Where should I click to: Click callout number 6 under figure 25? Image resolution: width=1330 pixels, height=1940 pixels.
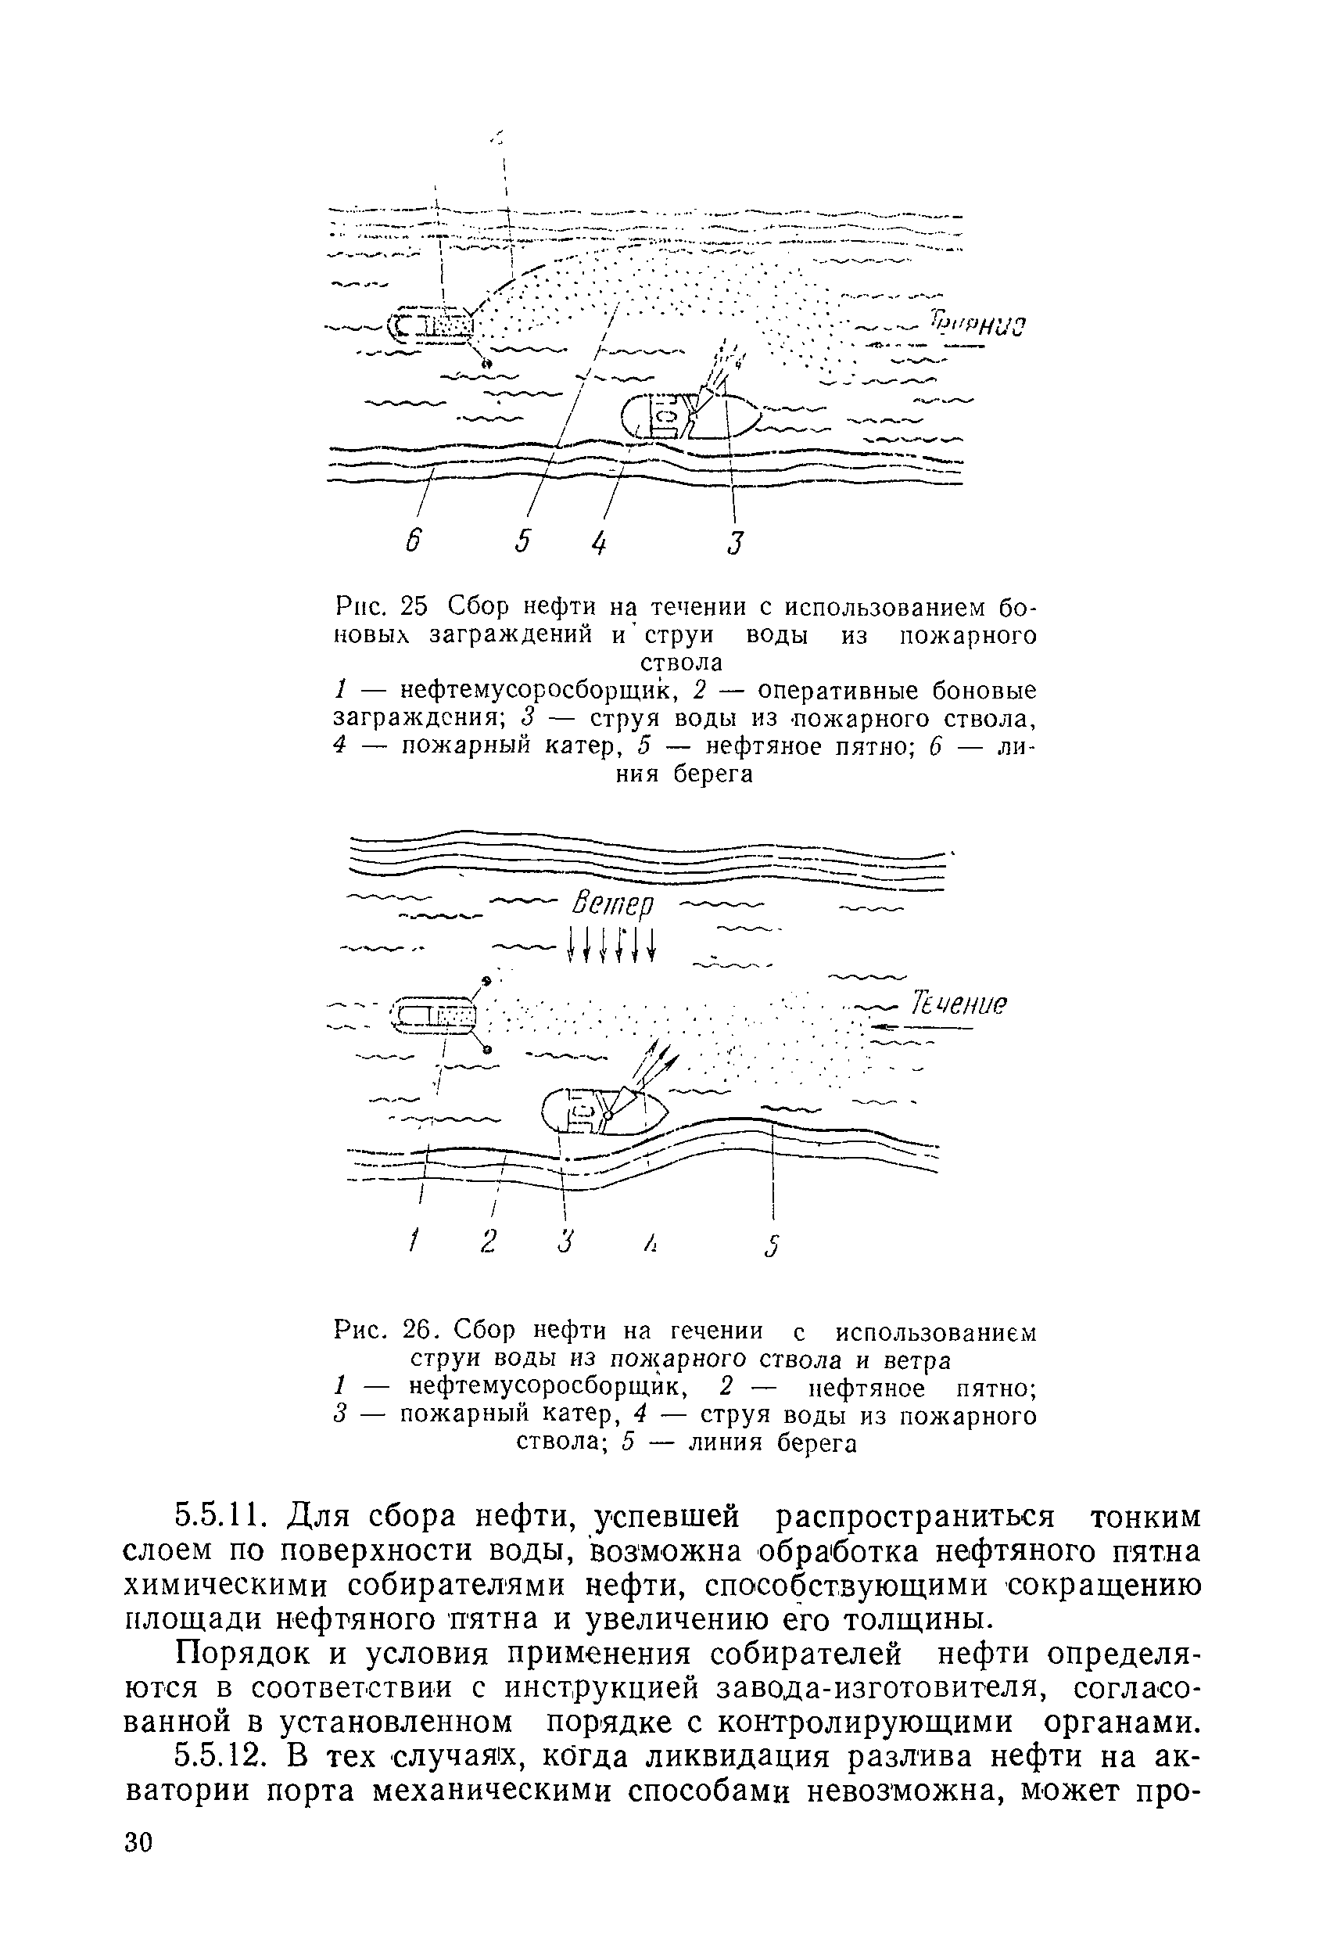[411, 542]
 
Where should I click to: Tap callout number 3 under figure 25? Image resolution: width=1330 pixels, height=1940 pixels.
[734, 543]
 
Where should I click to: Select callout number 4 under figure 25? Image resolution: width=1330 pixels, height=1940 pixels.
[599, 543]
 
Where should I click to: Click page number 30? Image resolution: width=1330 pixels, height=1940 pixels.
[138, 1890]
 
